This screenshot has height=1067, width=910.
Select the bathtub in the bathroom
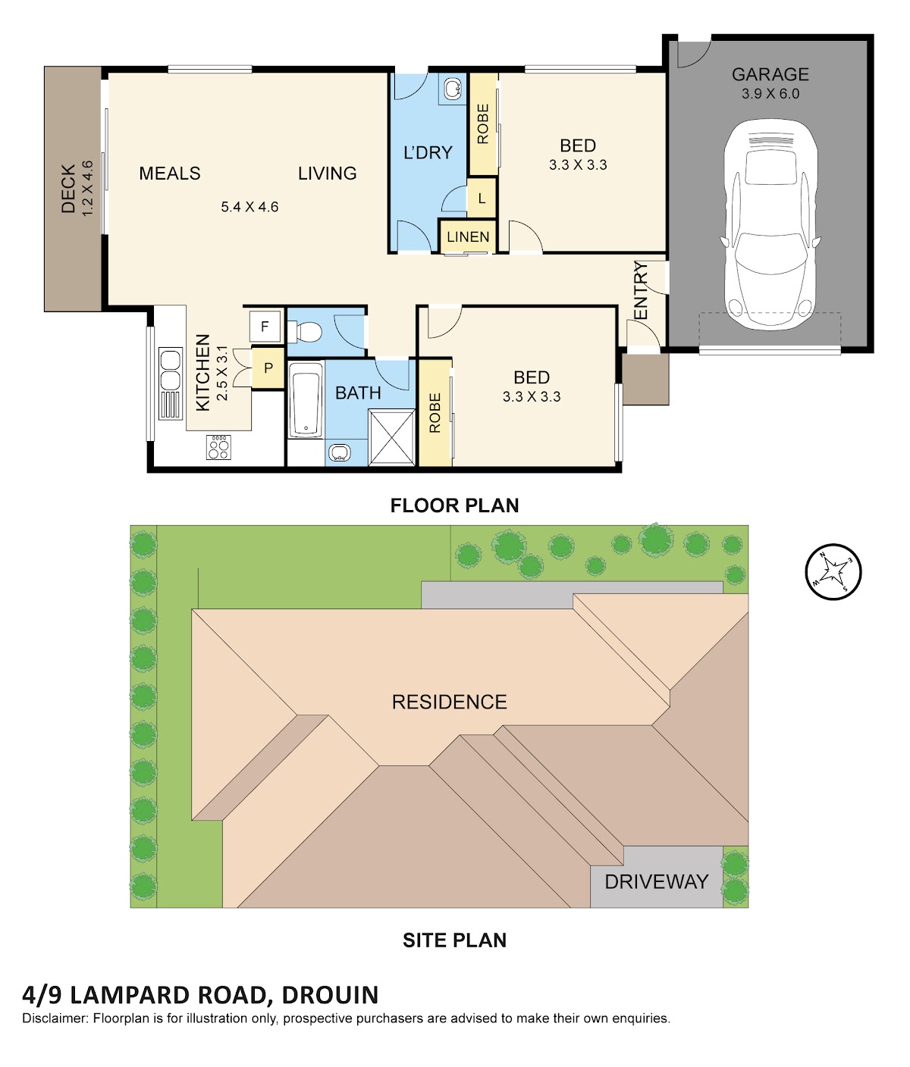tap(306, 400)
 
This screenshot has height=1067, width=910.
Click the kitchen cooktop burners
tap(218, 448)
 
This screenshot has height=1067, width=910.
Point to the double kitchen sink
tap(171, 370)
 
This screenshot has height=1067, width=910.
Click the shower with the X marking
tap(392, 438)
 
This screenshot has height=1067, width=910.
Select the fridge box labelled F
tap(265, 327)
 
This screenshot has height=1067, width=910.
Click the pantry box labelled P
tap(268, 368)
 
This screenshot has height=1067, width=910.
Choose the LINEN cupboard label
tap(468, 237)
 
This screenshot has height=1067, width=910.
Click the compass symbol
tap(833, 572)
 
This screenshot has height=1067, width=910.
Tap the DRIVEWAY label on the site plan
tap(657, 882)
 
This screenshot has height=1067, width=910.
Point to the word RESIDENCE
tap(450, 702)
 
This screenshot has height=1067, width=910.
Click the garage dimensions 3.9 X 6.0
tap(770, 94)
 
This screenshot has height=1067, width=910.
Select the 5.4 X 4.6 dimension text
tap(249, 207)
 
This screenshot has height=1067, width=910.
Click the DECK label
tap(69, 189)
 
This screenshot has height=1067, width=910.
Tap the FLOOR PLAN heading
tap(454, 505)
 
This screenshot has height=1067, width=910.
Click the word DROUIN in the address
tap(330, 995)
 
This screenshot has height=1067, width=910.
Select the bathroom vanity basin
tap(340, 453)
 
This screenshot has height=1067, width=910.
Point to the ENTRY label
tap(640, 291)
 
